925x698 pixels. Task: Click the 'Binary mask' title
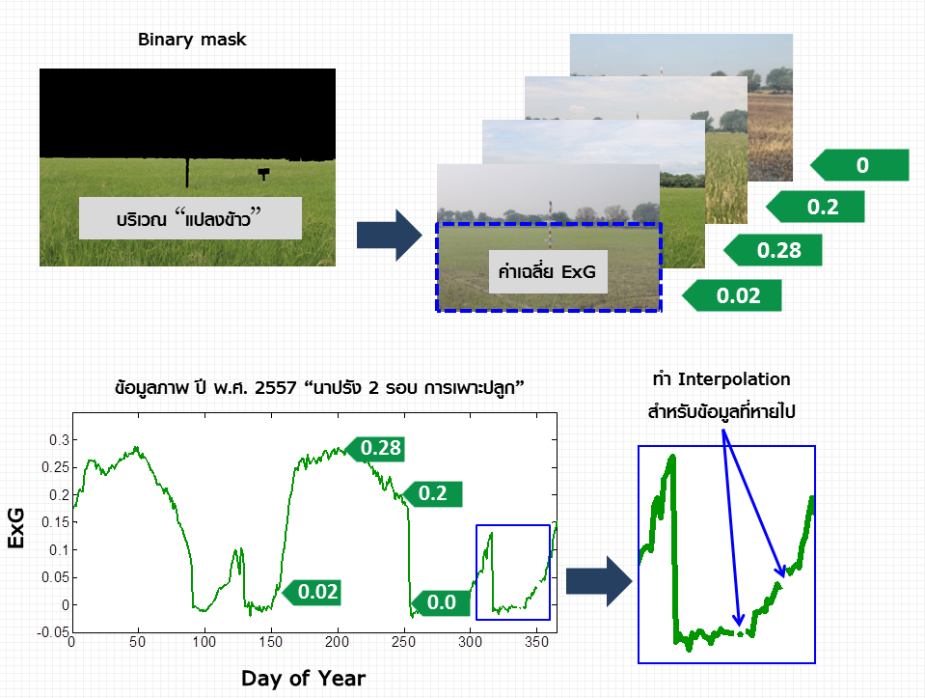click(192, 40)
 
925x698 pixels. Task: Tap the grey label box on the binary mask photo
click(190, 218)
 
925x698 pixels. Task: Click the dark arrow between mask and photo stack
click(390, 235)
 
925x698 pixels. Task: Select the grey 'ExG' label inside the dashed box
click(548, 271)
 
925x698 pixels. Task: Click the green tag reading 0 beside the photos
click(859, 165)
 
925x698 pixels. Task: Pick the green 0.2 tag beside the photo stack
click(815, 207)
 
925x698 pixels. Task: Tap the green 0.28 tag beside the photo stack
click(773, 250)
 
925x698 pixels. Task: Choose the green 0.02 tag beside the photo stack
click(731, 295)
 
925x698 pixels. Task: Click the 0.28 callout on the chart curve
click(375, 448)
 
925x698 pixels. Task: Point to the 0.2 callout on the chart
click(432, 493)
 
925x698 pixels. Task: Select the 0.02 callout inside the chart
click(312, 593)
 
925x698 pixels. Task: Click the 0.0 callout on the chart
click(440, 603)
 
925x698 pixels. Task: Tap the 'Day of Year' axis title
click(303, 678)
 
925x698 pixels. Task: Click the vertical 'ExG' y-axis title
click(16, 527)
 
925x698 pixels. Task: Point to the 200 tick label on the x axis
click(337, 642)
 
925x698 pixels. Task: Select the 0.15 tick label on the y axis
click(55, 522)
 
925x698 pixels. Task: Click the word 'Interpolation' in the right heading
click(734, 379)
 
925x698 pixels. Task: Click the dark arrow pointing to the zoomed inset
click(599, 581)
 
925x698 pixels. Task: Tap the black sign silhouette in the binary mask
click(263, 174)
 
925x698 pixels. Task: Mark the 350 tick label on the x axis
click(536, 642)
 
